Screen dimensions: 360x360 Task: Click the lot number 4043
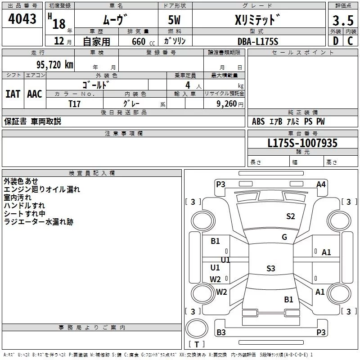[x=22, y=19]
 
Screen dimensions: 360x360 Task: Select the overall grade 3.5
[x=343, y=20]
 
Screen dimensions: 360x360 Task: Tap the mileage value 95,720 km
[x=55, y=65]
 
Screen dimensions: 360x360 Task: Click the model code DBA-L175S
[x=258, y=41]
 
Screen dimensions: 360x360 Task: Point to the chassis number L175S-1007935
[x=302, y=143]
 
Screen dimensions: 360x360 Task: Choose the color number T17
[x=74, y=104]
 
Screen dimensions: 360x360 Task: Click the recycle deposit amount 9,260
[x=227, y=104]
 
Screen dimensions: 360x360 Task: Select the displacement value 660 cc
[x=143, y=42]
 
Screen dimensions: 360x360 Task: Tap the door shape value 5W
[x=174, y=20]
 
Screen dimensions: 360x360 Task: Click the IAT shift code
[x=13, y=94]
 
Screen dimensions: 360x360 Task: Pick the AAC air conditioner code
[x=35, y=94]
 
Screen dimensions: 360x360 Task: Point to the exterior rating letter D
[x=336, y=41]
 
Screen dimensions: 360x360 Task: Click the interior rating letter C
[x=350, y=41]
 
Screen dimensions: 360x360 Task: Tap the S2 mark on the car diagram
[x=290, y=216]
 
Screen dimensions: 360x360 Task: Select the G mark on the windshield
[x=284, y=237]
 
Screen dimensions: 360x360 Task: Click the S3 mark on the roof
[x=271, y=268]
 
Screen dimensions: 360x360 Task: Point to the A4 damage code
[x=321, y=184]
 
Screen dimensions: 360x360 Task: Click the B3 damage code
[x=221, y=332]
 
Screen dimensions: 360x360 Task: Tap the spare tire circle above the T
[x=197, y=328]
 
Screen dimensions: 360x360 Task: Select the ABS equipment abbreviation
[x=258, y=121]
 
